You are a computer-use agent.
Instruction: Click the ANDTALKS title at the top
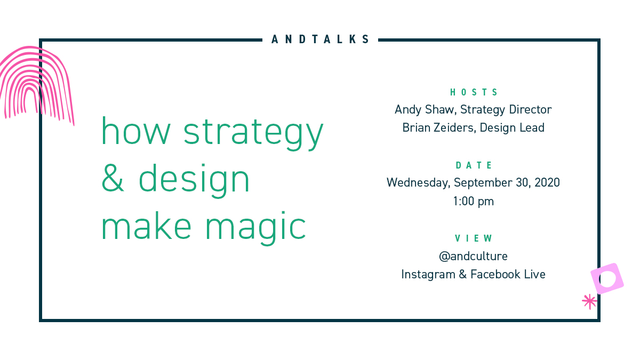320,39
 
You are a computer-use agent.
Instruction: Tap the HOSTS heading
474,92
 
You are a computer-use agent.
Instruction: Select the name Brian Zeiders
434,128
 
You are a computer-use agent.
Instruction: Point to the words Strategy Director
506,110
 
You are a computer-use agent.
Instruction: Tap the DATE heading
474,165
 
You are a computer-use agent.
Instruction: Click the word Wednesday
418,183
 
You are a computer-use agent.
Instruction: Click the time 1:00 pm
474,202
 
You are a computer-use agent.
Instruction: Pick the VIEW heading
474,238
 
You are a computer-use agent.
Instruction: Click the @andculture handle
474,257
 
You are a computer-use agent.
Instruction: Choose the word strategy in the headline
254,132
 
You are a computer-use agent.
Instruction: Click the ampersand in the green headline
113,179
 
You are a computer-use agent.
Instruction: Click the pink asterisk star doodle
589,302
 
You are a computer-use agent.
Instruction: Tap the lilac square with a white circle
607,278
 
